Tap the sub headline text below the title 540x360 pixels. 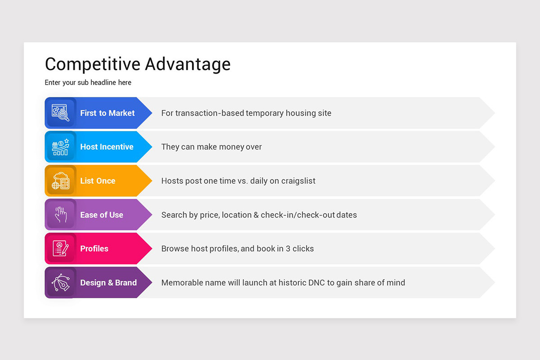point(88,83)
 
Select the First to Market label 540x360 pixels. point(107,113)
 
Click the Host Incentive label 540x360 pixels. point(107,147)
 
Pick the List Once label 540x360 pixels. point(98,181)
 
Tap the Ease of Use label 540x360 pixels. point(101,215)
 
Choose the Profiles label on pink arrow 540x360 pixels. point(94,249)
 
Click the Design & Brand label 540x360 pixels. point(108,283)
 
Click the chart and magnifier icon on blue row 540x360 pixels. point(60,113)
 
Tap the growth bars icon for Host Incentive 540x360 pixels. point(60,147)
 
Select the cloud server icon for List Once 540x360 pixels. point(60,181)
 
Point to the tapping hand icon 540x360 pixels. point(60,215)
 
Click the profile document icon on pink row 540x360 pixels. point(60,248)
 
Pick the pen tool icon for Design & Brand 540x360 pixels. point(60,283)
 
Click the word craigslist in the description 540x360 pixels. point(298,181)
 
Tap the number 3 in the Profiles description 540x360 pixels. point(288,249)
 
